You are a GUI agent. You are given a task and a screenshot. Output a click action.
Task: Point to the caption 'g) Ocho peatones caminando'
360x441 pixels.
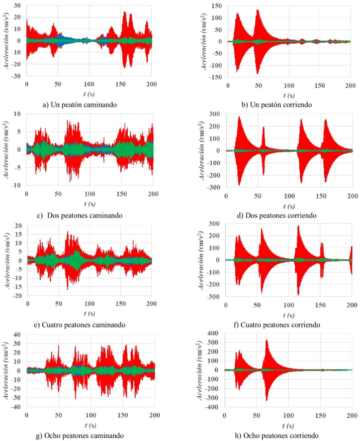tap(82, 434)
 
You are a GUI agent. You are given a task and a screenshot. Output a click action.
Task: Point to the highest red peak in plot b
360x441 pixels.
tap(257, 11)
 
